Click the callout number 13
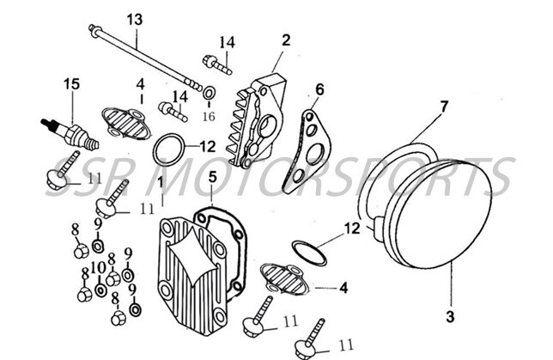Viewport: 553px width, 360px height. point(135,19)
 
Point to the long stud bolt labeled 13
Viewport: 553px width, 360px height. point(146,58)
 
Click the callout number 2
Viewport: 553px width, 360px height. point(286,40)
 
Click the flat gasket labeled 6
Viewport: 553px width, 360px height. point(307,151)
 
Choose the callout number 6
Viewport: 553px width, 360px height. point(319,88)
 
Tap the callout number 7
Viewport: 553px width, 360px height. point(444,107)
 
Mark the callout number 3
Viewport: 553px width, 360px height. point(450,316)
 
